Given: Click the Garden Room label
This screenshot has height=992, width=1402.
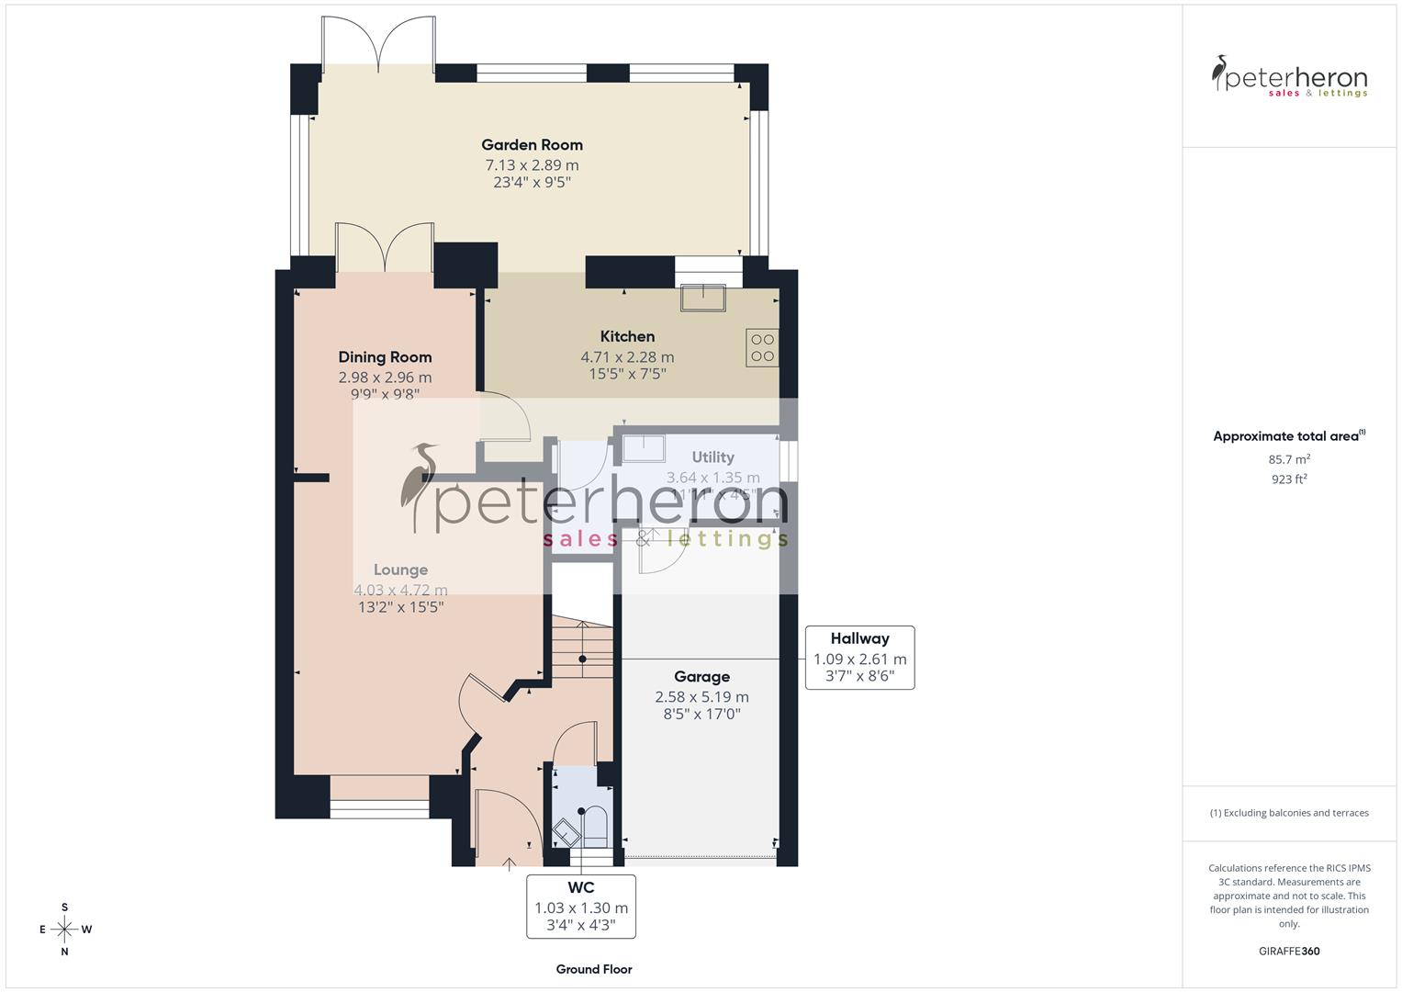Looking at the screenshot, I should tap(532, 144).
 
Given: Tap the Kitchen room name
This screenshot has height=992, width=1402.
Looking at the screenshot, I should tap(627, 336).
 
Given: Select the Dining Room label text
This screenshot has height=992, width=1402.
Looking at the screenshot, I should tap(385, 357).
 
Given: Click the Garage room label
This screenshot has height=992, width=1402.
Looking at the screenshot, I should tap(701, 677).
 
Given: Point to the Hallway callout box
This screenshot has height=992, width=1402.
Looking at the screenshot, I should tap(859, 658).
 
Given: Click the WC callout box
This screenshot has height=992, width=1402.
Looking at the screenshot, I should tap(581, 906).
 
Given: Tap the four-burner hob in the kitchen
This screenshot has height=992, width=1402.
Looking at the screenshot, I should tap(762, 347).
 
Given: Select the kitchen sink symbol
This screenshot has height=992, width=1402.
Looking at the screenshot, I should tap(702, 299).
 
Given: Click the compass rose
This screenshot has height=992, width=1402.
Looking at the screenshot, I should tap(64, 930).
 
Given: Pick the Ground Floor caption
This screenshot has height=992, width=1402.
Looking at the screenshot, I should tap(594, 969).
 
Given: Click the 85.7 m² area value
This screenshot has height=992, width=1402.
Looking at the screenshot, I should tap(1289, 459).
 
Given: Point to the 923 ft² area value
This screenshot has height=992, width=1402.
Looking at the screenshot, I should tap(1289, 479).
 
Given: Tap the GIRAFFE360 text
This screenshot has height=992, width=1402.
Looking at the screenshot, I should tap(1288, 951).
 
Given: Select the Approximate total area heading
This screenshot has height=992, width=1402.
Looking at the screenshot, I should tap(1289, 436).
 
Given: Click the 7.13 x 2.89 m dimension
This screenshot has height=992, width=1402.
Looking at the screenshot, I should tap(532, 165).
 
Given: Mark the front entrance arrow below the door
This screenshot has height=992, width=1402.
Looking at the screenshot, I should tap(510, 862).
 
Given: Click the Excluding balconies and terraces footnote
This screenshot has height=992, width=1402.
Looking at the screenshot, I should tap(1289, 813).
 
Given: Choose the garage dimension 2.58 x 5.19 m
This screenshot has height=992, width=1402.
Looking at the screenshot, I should tap(701, 697).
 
